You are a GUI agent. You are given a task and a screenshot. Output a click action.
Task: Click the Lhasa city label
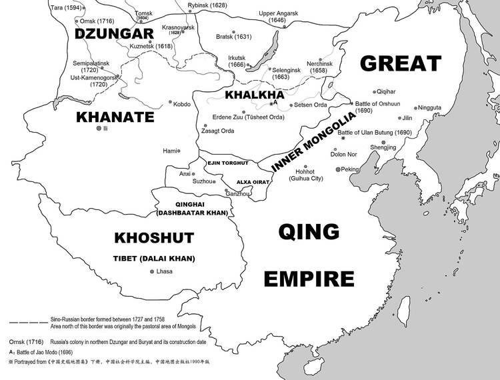164,271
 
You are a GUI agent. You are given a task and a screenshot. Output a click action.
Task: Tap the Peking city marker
338,169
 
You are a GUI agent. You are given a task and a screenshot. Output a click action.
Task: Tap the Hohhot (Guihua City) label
305,175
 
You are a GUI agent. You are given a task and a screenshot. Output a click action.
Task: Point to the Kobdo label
182,104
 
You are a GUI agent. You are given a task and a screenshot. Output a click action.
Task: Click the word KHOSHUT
154,237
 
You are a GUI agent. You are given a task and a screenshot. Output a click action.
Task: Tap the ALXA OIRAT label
253,181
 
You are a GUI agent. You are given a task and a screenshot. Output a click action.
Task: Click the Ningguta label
429,107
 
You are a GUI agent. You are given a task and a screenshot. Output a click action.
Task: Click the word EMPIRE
308,278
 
